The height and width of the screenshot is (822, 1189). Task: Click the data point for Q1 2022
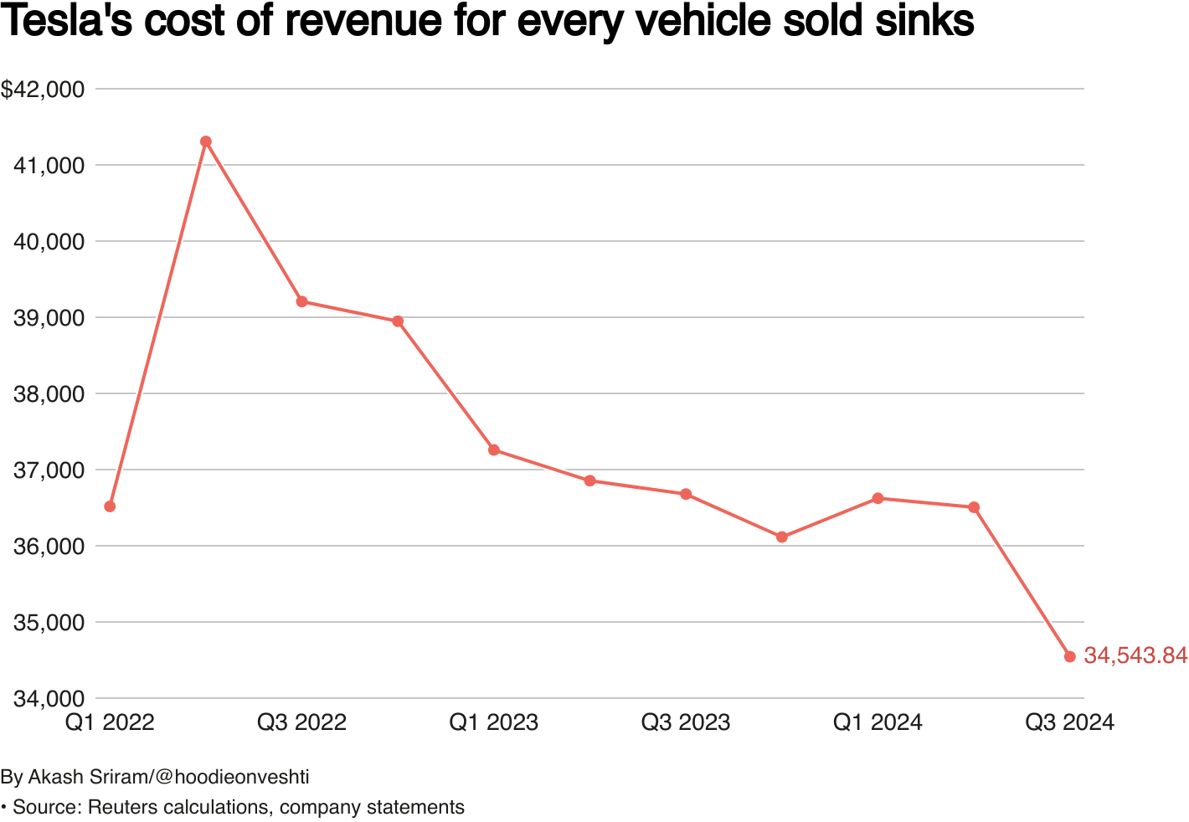110,506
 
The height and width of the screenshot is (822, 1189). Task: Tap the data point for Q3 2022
301,301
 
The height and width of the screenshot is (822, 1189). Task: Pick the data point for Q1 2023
494,450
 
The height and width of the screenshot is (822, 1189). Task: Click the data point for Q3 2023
686,494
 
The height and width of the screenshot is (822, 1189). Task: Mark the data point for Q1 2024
878,498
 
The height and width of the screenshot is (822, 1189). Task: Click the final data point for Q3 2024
1069,656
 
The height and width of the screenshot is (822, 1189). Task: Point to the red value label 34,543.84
1135,656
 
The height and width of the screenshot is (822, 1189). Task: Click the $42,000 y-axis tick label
43,90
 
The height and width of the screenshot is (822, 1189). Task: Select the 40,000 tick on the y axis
49,242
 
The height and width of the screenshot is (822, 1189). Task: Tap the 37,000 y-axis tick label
49,470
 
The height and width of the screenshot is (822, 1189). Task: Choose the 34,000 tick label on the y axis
49,699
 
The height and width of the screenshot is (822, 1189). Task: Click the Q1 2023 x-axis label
494,722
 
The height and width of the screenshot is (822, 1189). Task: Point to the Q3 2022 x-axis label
301,722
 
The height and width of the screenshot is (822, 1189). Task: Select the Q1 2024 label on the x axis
878,722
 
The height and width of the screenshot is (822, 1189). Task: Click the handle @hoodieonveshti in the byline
232,778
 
